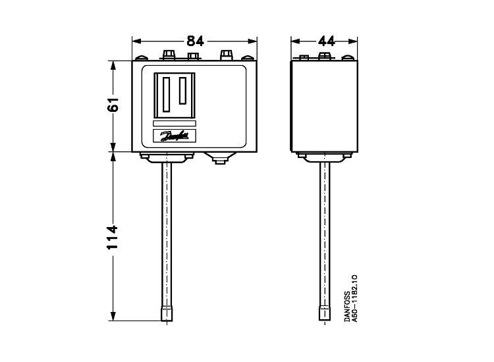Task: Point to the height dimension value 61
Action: [113, 105]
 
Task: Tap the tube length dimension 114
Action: [113, 237]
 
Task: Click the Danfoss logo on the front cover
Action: [175, 136]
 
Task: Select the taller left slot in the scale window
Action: [167, 93]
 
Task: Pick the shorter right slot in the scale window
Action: [183, 90]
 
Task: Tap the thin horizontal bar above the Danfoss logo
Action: [175, 122]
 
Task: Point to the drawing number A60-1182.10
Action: [355, 298]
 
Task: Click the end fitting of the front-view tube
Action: [167, 313]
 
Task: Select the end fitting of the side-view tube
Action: [323, 313]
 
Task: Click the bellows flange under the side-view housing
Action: [323, 157]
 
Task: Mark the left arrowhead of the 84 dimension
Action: [136, 41]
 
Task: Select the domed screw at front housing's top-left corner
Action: [138, 58]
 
